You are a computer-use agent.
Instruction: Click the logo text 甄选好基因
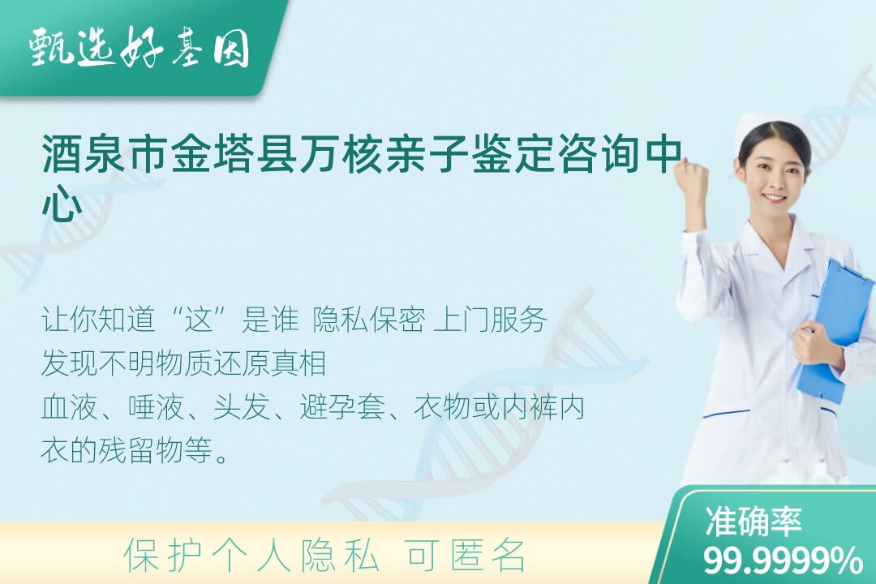pos(140,47)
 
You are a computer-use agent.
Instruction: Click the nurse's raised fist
pos(692,176)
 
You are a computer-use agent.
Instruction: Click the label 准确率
pos(754,522)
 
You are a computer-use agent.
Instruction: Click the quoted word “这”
pos(200,320)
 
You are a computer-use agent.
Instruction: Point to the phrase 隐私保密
pos(369,320)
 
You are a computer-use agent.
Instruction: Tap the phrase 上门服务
pos(490,320)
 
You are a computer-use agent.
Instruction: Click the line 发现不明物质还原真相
pos(184,363)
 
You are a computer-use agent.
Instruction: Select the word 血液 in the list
pos(69,407)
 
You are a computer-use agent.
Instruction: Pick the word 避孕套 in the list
pos(342,407)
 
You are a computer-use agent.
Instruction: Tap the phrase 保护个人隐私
pos(252,556)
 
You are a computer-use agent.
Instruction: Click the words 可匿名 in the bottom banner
pos(466,556)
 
